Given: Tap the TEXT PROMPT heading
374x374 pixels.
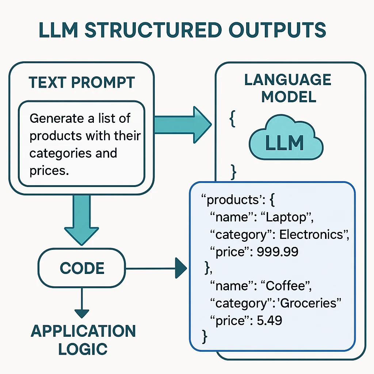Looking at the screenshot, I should coord(81,83).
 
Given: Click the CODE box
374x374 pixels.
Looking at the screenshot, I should coord(82,268).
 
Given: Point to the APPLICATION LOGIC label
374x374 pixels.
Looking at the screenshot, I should coord(83,340).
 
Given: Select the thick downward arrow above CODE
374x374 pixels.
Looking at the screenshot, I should coord(82,219).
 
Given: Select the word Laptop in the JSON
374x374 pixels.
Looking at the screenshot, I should coord(286,217).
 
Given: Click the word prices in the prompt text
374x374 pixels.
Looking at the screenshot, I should coord(49,171).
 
